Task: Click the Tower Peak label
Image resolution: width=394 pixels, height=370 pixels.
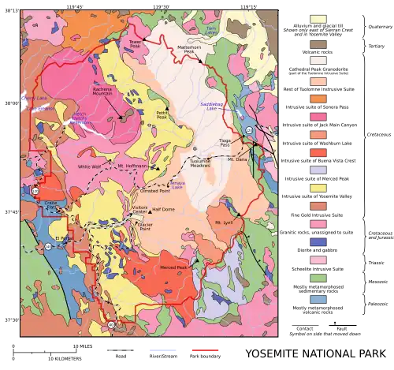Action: point(135,43)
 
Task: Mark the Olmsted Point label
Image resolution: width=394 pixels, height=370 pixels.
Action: point(154,190)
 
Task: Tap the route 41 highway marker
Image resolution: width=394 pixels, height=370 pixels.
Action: point(111,324)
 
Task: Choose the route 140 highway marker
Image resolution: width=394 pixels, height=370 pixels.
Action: point(49,247)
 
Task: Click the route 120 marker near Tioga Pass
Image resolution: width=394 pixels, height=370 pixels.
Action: point(249,130)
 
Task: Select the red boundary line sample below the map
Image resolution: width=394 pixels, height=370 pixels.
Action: point(204,349)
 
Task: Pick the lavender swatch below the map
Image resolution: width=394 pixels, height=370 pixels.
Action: point(161,349)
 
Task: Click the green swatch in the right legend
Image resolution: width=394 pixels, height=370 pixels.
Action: point(318,278)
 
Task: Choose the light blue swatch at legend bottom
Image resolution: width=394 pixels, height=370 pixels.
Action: point(318,298)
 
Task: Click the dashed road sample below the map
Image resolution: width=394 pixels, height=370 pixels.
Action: point(119,349)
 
